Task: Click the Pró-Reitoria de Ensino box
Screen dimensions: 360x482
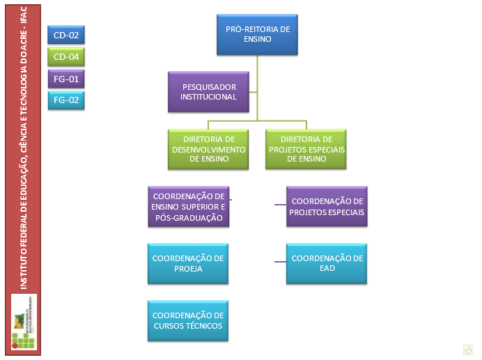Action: point(258,35)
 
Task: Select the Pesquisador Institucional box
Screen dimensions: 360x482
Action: point(209,92)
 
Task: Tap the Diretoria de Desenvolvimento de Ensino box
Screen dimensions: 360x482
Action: point(209,148)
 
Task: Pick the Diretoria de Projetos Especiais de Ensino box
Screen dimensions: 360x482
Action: point(307,148)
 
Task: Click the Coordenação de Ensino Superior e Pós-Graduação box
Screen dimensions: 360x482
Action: point(188,207)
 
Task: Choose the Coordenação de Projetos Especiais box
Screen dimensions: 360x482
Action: point(327,207)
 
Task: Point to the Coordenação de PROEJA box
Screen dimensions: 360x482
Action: point(188,263)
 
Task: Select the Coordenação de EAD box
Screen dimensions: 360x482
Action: point(327,263)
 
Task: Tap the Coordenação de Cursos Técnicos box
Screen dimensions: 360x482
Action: point(188,320)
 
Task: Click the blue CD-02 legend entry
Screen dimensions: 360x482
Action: point(65,34)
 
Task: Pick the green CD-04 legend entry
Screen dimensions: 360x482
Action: point(65,56)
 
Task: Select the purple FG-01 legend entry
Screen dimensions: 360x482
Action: point(65,79)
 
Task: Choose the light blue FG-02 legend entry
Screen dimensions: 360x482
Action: point(65,100)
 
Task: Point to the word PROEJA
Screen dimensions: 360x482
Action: point(188,269)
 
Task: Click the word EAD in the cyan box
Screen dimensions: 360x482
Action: point(327,269)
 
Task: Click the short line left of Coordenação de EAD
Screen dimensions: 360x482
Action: point(280,263)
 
